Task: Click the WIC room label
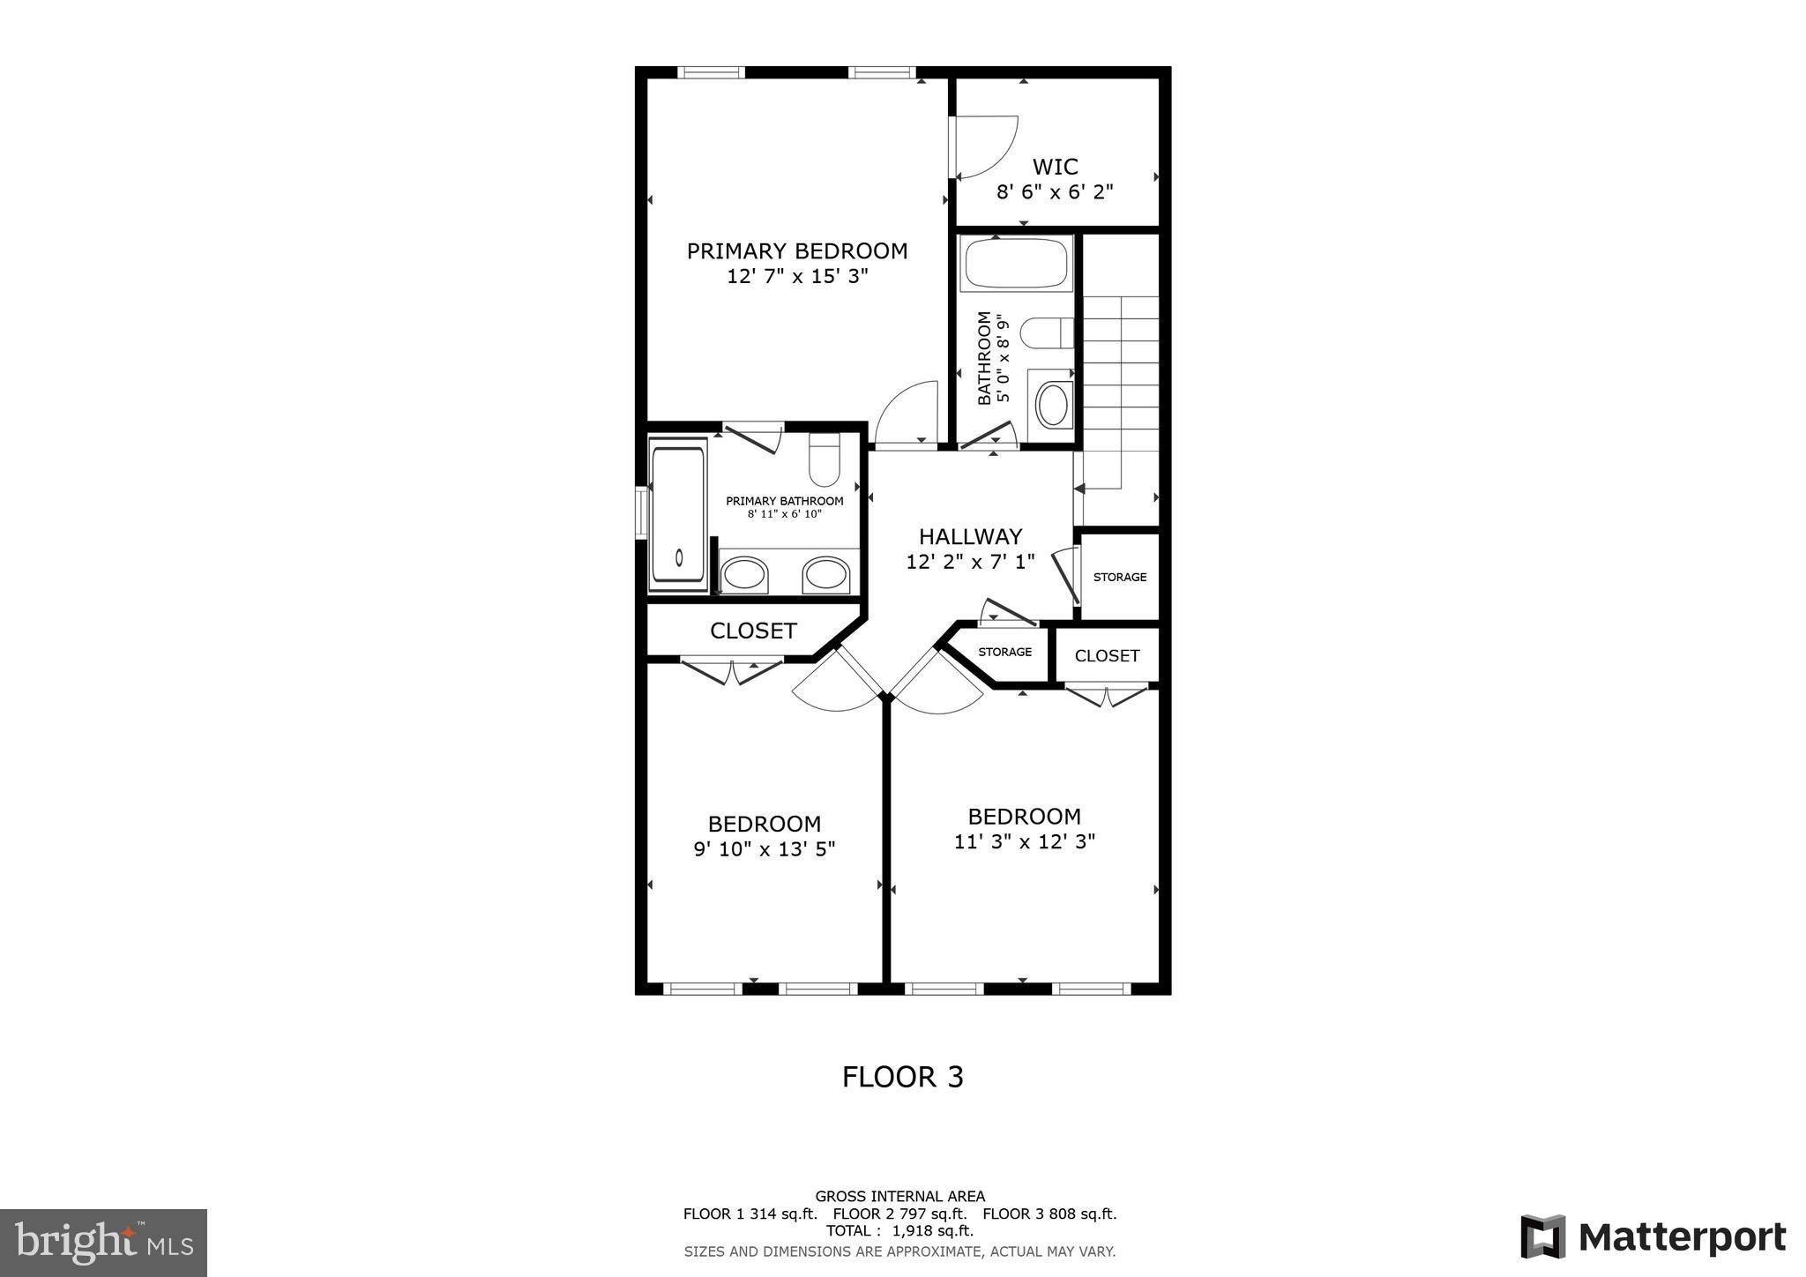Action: coord(1055,167)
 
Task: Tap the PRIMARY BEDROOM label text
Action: coord(797,251)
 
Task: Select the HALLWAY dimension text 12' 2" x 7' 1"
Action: coord(970,562)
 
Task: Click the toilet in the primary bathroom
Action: coord(825,462)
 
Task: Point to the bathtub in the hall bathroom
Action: coord(1016,263)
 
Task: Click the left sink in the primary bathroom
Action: coord(744,575)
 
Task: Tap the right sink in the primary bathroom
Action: coord(826,575)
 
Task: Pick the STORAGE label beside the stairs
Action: coord(1120,577)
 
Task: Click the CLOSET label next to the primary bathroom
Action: coord(753,631)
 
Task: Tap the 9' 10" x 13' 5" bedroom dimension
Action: coord(765,849)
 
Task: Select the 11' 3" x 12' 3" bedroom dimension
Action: coord(1024,841)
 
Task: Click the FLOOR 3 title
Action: coord(902,1077)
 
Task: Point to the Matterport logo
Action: coord(1653,1236)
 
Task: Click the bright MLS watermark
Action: coord(104,1243)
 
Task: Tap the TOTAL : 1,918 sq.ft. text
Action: coord(899,1230)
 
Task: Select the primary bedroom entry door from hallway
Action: coord(908,414)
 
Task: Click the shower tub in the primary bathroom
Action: coord(678,514)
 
